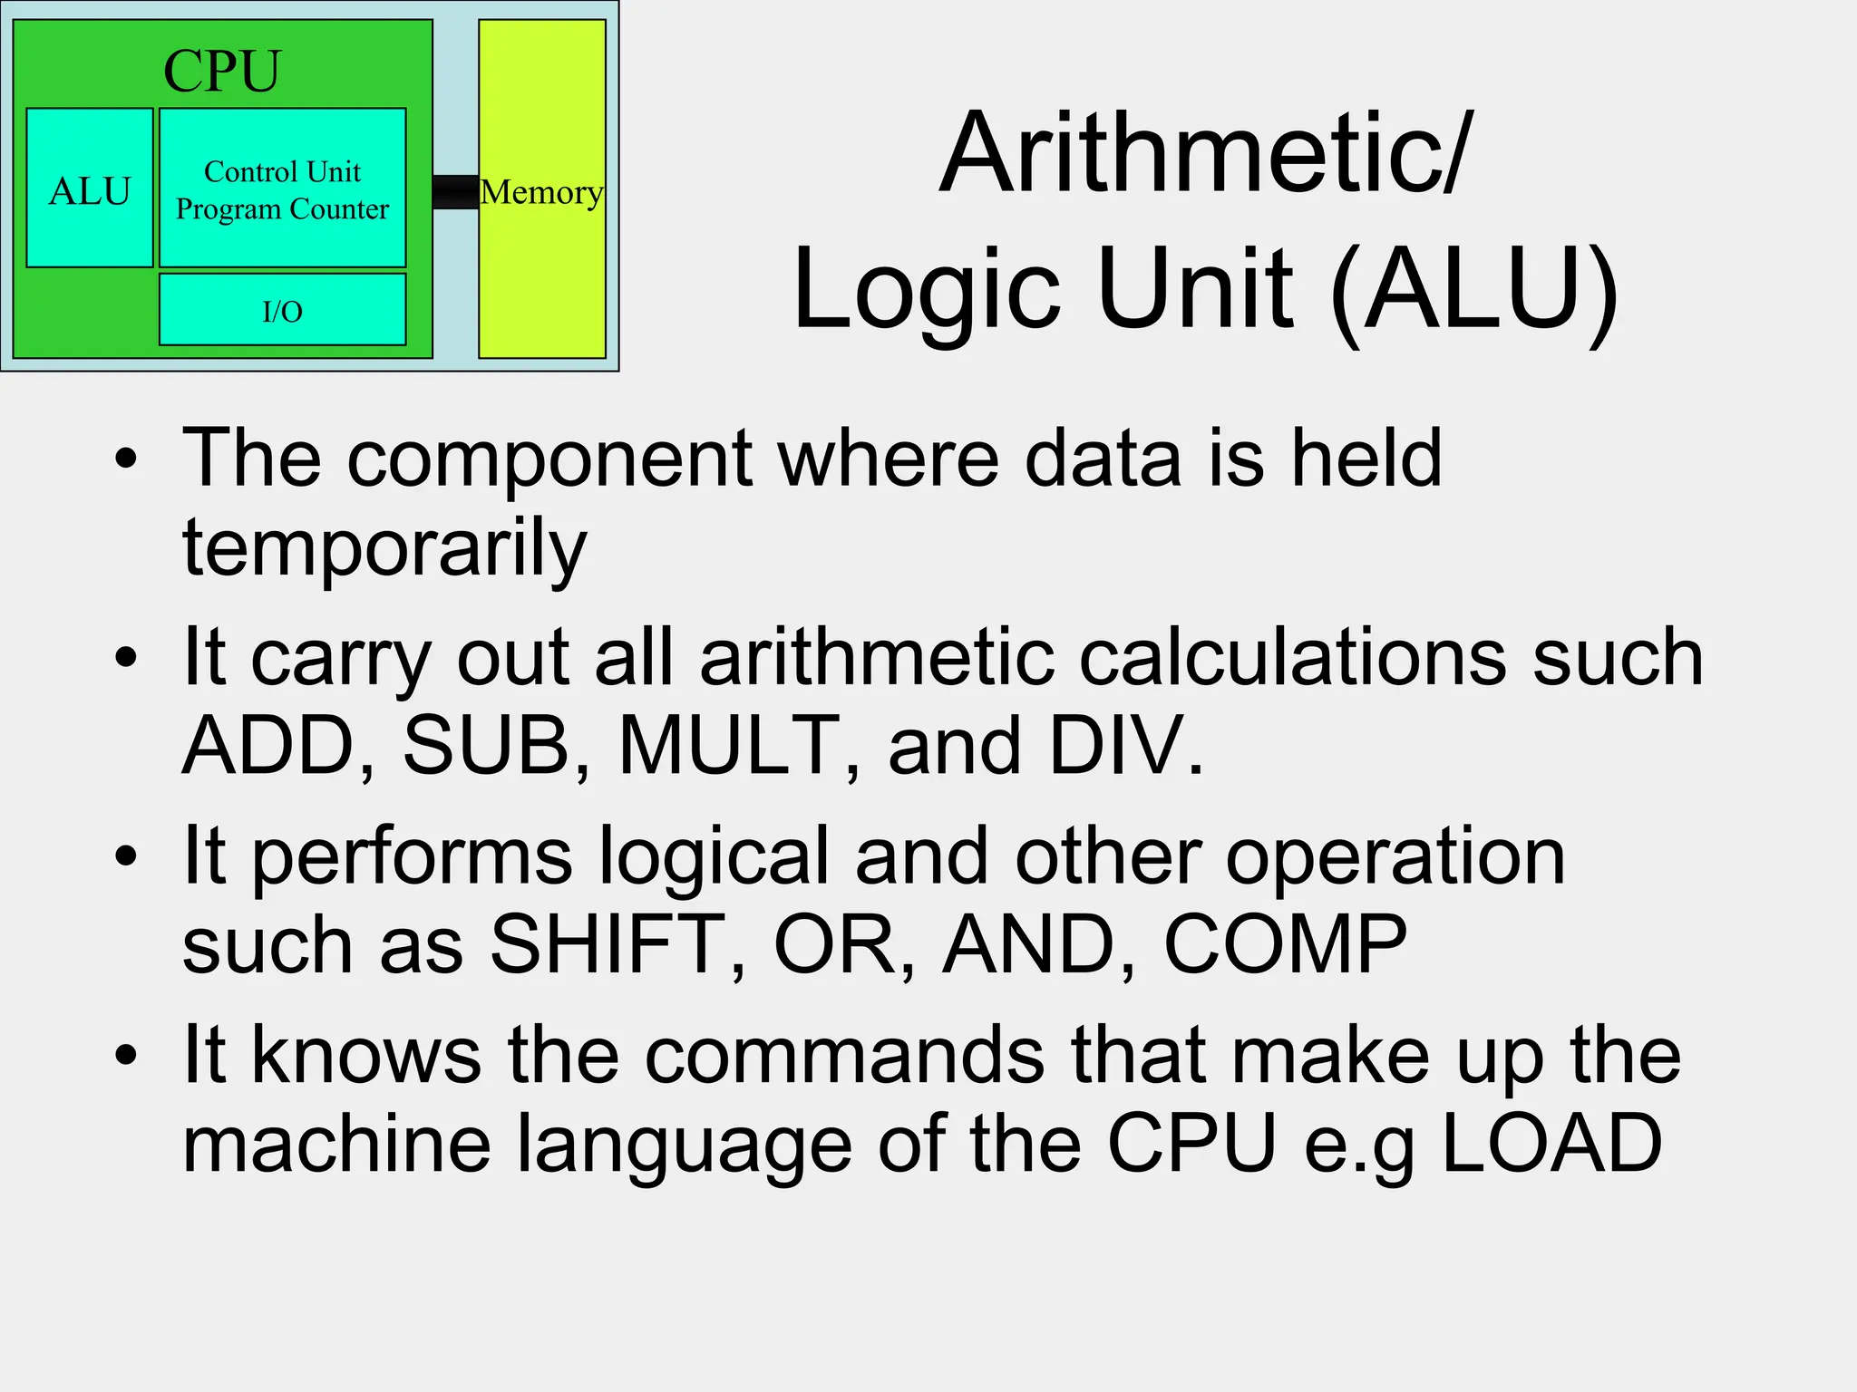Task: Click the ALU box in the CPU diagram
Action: [x=90, y=188]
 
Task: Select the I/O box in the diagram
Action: [x=282, y=310]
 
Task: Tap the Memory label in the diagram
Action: [x=541, y=192]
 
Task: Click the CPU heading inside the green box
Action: [x=222, y=71]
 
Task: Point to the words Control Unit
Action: [x=282, y=171]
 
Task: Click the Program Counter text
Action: [x=282, y=209]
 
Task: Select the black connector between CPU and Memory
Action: [x=455, y=192]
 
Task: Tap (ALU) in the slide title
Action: [x=1473, y=290]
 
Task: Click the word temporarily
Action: [x=384, y=547]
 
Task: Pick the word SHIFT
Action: [x=617, y=944]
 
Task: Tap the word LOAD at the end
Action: [x=1551, y=1144]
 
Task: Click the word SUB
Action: [x=486, y=746]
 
